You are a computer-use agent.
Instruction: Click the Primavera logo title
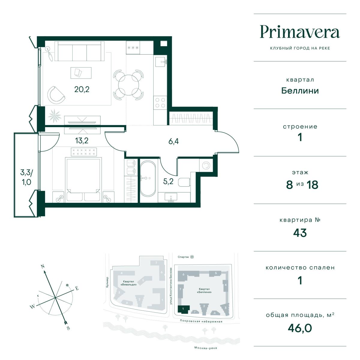300,32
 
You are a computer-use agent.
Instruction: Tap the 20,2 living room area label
82,89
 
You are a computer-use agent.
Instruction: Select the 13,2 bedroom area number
82,140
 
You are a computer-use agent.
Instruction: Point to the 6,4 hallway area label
174,141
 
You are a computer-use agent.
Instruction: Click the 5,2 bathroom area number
168,181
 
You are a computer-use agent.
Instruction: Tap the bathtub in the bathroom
148,178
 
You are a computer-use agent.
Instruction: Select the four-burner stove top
160,103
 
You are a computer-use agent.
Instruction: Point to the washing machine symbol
206,165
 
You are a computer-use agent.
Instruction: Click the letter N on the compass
43,266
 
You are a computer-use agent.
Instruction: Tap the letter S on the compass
68,328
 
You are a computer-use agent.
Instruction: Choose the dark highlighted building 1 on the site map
184,309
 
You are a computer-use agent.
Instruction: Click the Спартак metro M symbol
192,257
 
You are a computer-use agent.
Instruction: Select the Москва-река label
206,348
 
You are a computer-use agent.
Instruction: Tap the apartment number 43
300,233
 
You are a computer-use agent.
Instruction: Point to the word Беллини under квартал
300,91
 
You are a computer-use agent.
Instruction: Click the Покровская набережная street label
201,321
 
